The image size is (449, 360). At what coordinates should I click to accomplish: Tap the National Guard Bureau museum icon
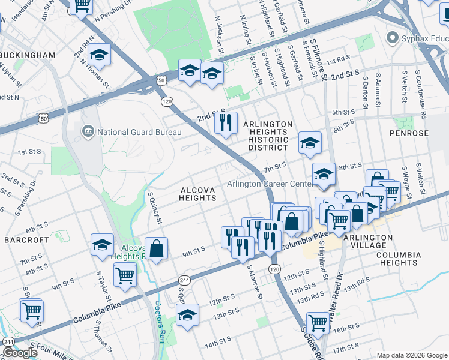[x=88, y=131]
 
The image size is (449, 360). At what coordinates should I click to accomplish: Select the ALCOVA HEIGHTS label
[x=198, y=194]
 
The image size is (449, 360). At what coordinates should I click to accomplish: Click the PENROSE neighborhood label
[x=409, y=133]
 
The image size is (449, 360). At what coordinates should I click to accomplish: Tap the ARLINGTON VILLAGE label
[x=367, y=241]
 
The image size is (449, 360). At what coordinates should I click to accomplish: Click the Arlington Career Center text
[x=270, y=184]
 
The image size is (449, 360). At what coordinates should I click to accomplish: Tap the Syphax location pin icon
[x=393, y=38]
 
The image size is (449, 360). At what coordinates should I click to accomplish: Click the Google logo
[x=20, y=353]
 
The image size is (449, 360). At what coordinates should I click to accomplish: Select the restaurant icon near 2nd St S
[x=226, y=123]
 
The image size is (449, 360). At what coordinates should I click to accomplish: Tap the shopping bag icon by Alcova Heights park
[x=155, y=248]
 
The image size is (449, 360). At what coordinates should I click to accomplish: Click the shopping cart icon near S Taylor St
[x=125, y=276]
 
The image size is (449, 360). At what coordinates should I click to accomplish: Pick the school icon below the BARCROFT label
[x=103, y=244]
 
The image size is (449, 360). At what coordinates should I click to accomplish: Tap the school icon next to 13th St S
[x=187, y=315]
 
